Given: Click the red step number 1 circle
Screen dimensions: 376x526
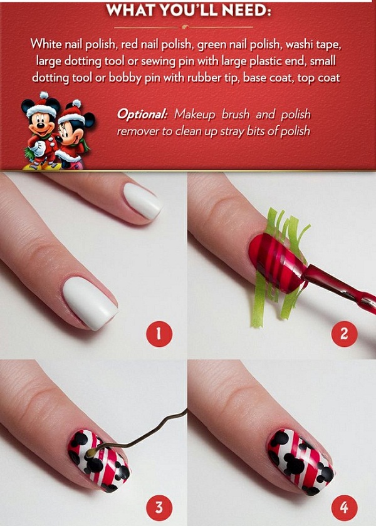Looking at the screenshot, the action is (159, 334).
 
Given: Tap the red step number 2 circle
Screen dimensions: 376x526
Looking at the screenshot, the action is (344, 334).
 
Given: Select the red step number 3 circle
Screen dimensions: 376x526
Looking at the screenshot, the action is (159, 508).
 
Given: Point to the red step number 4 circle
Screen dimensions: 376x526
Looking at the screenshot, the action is (344, 508).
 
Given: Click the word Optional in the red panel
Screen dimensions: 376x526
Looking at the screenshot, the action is (142, 115).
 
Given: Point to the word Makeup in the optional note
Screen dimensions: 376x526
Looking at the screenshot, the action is (195, 115).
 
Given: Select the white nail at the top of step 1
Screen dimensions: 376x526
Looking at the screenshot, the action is (143, 201).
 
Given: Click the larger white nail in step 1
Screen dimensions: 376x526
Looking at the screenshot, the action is (90, 302).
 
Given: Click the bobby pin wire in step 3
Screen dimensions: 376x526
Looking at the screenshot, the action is (141, 435).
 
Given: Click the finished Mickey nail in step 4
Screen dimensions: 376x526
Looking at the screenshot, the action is (300, 462).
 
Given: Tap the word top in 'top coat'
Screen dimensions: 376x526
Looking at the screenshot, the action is (306, 78).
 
